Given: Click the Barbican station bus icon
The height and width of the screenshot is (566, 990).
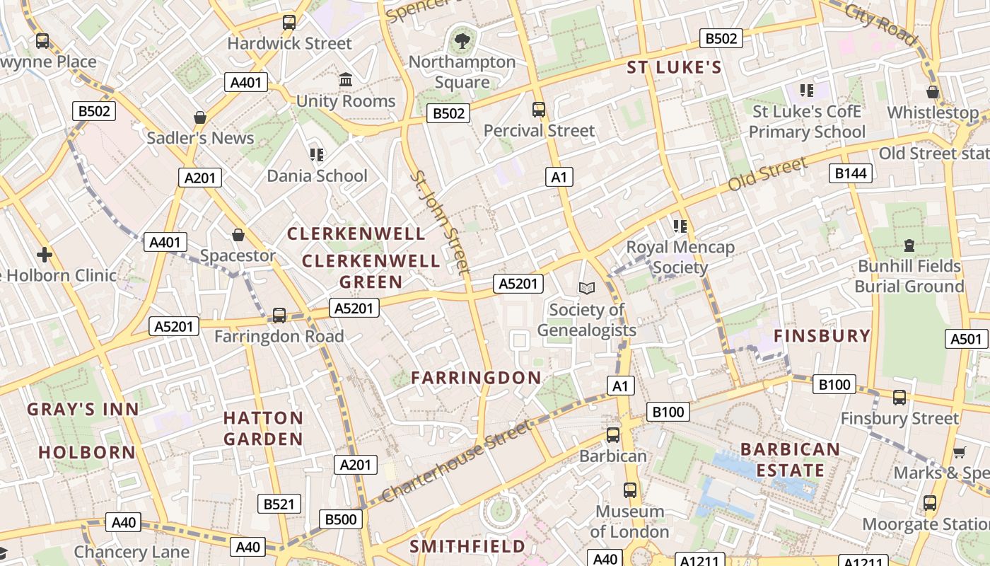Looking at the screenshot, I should tap(613, 434).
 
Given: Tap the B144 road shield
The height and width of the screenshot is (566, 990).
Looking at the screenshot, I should tap(850, 173).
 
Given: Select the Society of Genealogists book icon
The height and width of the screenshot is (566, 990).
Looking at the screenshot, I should tap(587, 288).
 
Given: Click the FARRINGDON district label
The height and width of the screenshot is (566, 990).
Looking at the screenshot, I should tap(477, 378).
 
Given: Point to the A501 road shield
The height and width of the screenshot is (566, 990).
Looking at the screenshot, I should tap(965, 339).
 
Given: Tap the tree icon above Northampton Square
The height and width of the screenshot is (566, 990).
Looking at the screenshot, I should tap(462, 41).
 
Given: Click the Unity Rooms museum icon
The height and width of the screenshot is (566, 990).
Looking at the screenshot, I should tap(346, 79).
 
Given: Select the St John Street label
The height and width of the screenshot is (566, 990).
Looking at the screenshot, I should tap(440, 221).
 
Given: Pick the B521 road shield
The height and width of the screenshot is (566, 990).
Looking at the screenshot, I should tap(279, 504).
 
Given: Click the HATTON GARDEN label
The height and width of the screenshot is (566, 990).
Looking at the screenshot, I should tap(263, 428).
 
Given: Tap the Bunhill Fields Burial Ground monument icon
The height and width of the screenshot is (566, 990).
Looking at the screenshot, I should tap(909, 246).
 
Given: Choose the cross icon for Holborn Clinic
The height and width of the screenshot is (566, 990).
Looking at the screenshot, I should tap(45, 254).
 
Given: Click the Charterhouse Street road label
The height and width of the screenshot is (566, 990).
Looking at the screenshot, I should tap(455, 461).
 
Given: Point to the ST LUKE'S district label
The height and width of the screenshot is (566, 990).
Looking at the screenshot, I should tap(675, 68).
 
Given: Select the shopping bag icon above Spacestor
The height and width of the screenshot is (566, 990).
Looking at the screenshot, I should tap(238, 234).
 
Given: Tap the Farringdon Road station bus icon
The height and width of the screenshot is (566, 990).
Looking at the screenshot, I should tap(279, 315).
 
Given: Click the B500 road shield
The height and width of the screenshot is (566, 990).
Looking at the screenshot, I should tap(340, 519).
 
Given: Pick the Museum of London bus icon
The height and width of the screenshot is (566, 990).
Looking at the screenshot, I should tap(629, 490).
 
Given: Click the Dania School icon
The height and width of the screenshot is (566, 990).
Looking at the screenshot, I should tap(317, 154).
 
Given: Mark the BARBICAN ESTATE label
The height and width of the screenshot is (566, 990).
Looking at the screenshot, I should tap(790, 460).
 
